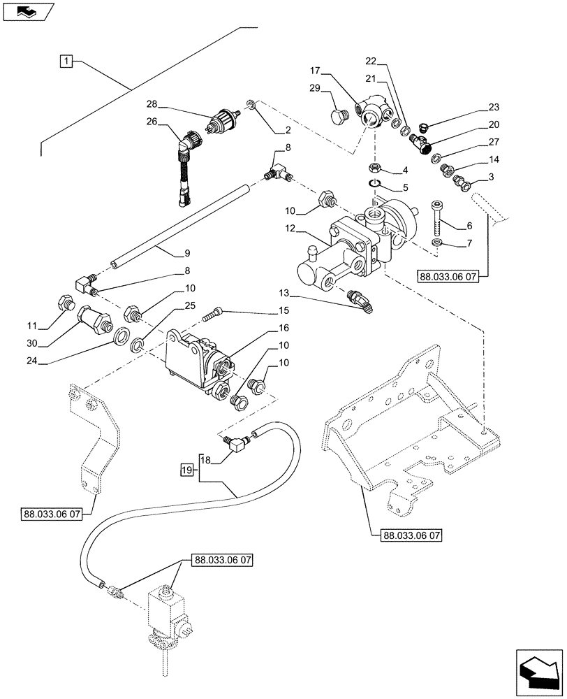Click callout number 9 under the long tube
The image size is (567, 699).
[167, 252]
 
